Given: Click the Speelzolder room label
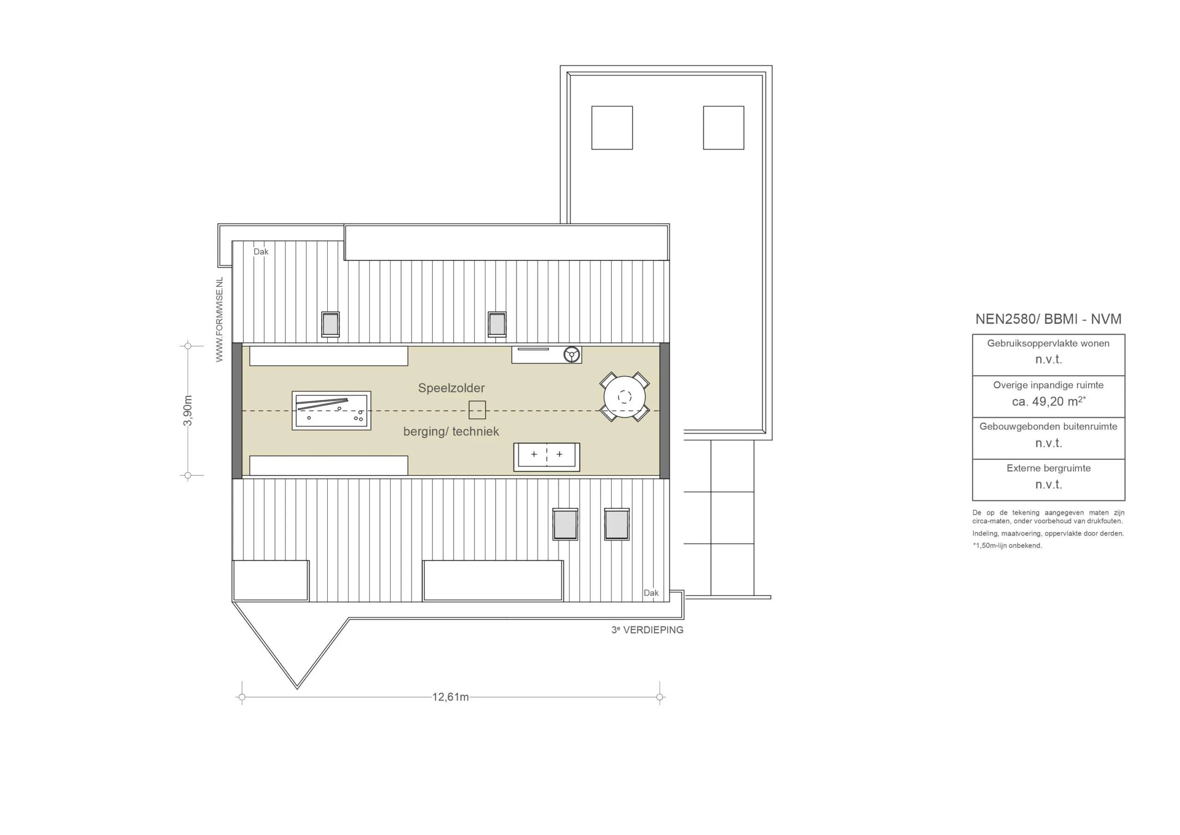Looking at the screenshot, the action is point(451,388).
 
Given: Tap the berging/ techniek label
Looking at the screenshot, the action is point(451,432).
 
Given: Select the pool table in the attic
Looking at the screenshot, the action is point(331,410).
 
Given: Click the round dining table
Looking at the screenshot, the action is point(625,397).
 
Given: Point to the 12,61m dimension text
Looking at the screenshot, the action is point(450,697).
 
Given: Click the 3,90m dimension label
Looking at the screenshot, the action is point(188,410).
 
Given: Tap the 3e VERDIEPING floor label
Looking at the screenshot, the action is point(648,630).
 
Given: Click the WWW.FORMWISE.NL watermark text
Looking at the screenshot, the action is point(219,320).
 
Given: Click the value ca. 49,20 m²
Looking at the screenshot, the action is point(1049,401).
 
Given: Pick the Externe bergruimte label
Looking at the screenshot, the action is point(1049,468).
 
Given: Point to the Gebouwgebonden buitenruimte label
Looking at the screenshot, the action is point(1049,426).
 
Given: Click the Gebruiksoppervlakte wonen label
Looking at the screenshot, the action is point(1049,343).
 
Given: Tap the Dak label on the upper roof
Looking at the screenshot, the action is point(261,251).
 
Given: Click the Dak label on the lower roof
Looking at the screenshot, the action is point(651,593).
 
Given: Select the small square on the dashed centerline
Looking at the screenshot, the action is point(477,410).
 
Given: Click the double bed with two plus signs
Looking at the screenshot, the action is point(547,457).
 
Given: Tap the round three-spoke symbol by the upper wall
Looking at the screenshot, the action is point(572,354).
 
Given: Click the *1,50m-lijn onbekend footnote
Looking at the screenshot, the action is point(1007,545).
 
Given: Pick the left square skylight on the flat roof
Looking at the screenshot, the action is point(612,128).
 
